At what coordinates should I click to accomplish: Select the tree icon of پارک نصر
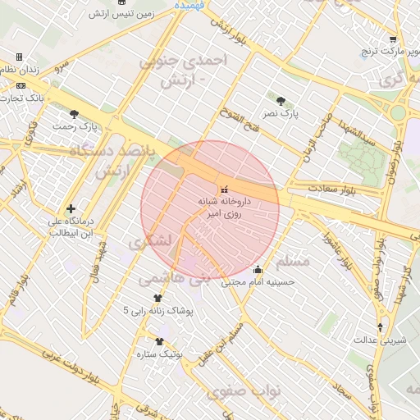(281, 100)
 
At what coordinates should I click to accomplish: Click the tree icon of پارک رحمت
(75, 114)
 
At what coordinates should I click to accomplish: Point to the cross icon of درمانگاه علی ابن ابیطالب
(71, 208)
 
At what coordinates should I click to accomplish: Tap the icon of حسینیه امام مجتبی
(258, 269)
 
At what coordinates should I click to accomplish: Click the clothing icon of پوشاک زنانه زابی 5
(157, 298)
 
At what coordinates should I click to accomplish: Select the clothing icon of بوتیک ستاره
(159, 340)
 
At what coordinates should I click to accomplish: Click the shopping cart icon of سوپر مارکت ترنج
(393, 39)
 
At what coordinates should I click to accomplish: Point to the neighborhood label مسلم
(294, 261)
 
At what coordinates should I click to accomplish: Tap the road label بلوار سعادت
(331, 189)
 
